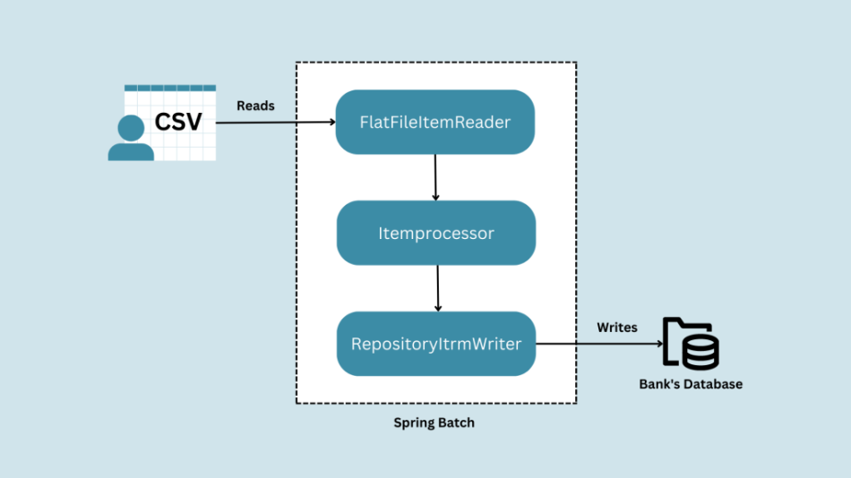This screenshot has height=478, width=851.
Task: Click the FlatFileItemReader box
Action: click(434, 122)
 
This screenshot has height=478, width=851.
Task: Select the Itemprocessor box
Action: click(436, 233)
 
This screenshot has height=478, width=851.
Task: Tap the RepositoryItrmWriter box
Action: click(436, 344)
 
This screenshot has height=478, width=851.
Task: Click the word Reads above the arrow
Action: click(255, 106)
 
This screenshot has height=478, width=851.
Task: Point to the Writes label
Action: click(617, 327)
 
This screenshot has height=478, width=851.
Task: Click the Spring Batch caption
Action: click(434, 423)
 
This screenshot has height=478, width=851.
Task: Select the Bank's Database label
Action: click(691, 384)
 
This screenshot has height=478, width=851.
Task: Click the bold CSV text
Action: click(178, 122)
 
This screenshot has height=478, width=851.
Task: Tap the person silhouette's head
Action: click(131, 128)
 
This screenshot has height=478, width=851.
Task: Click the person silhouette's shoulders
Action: click(131, 152)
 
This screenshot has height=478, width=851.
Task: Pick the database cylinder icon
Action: click(701, 352)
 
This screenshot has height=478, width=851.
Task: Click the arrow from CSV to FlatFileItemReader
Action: click(276, 122)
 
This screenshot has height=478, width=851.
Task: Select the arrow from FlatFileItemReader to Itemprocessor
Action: click(435, 177)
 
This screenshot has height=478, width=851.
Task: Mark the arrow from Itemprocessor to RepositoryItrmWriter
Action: click(437, 288)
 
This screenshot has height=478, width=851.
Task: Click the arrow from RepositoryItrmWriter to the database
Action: click(599, 344)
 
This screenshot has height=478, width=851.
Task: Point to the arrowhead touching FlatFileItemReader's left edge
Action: click(332, 122)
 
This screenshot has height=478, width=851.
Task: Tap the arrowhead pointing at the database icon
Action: click(660, 344)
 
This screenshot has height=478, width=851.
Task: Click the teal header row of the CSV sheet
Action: click(170, 88)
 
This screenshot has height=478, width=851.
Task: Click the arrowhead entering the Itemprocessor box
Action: click(435, 198)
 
